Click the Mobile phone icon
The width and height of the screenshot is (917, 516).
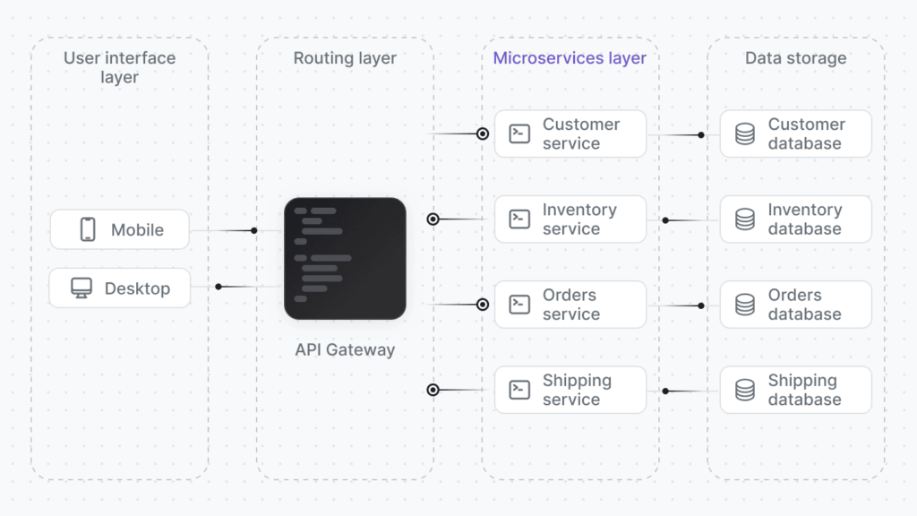(x=88, y=229)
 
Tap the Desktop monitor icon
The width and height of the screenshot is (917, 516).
(x=81, y=288)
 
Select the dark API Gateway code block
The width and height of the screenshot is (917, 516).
(x=345, y=259)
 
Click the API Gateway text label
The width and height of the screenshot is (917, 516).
(x=345, y=349)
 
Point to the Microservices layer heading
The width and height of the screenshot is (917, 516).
(x=570, y=58)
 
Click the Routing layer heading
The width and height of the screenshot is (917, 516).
(x=345, y=58)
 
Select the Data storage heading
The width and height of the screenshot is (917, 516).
(x=795, y=58)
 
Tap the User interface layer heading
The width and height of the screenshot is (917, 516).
(x=119, y=67)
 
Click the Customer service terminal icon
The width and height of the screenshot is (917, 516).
(x=519, y=133)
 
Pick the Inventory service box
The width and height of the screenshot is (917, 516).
(x=570, y=219)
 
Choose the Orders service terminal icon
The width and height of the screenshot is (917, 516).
(x=519, y=305)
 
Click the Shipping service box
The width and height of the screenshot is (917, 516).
(x=570, y=390)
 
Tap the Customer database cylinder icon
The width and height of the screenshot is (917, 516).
(x=745, y=133)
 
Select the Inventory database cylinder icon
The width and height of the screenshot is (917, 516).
(x=745, y=219)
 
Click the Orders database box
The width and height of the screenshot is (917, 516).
(x=795, y=305)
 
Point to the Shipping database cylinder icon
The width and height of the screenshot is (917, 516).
(x=745, y=390)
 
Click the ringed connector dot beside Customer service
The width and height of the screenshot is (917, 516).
(x=483, y=133)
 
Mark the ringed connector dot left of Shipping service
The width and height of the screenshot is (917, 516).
(x=433, y=390)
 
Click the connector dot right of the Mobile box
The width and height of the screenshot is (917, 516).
(x=254, y=230)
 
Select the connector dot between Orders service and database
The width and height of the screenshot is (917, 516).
(x=701, y=305)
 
